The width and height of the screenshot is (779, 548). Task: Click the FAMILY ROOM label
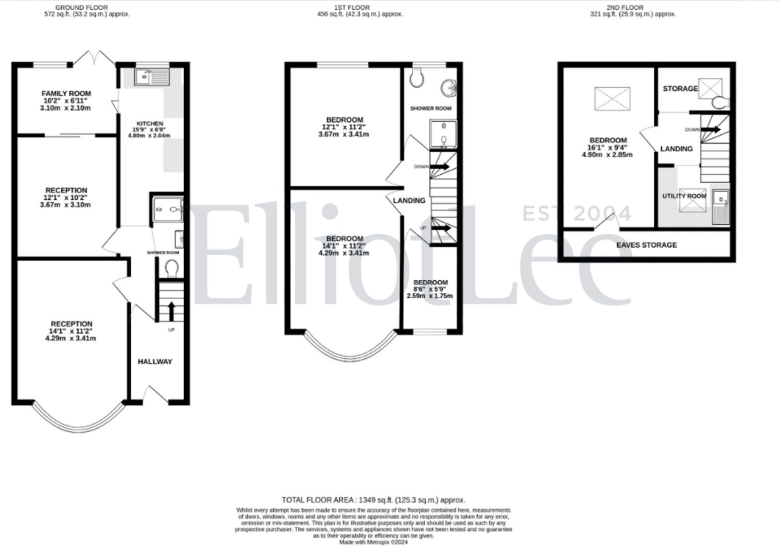[66, 93]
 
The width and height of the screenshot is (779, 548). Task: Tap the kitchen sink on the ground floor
[152, 77]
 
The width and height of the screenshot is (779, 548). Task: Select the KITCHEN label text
[150, 124]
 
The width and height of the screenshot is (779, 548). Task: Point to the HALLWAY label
[155, 362]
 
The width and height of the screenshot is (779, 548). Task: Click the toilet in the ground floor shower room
[171, 268]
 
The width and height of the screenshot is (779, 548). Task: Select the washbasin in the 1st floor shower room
[449, 88]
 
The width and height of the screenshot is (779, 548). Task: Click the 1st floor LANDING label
[409, 200]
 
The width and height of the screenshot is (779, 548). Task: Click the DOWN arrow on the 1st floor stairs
[439, 167]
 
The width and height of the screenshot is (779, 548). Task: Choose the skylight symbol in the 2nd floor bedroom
[612, 98]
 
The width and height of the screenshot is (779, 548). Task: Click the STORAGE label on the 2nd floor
[680, 89]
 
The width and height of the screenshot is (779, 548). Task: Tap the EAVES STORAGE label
[646, 245]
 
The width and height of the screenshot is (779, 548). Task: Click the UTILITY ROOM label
[684, 196]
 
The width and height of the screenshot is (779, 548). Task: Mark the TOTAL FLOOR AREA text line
[373, 500]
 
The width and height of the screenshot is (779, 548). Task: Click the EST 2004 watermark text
[576, 214]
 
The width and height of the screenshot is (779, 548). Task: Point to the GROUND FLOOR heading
[81, 7]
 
